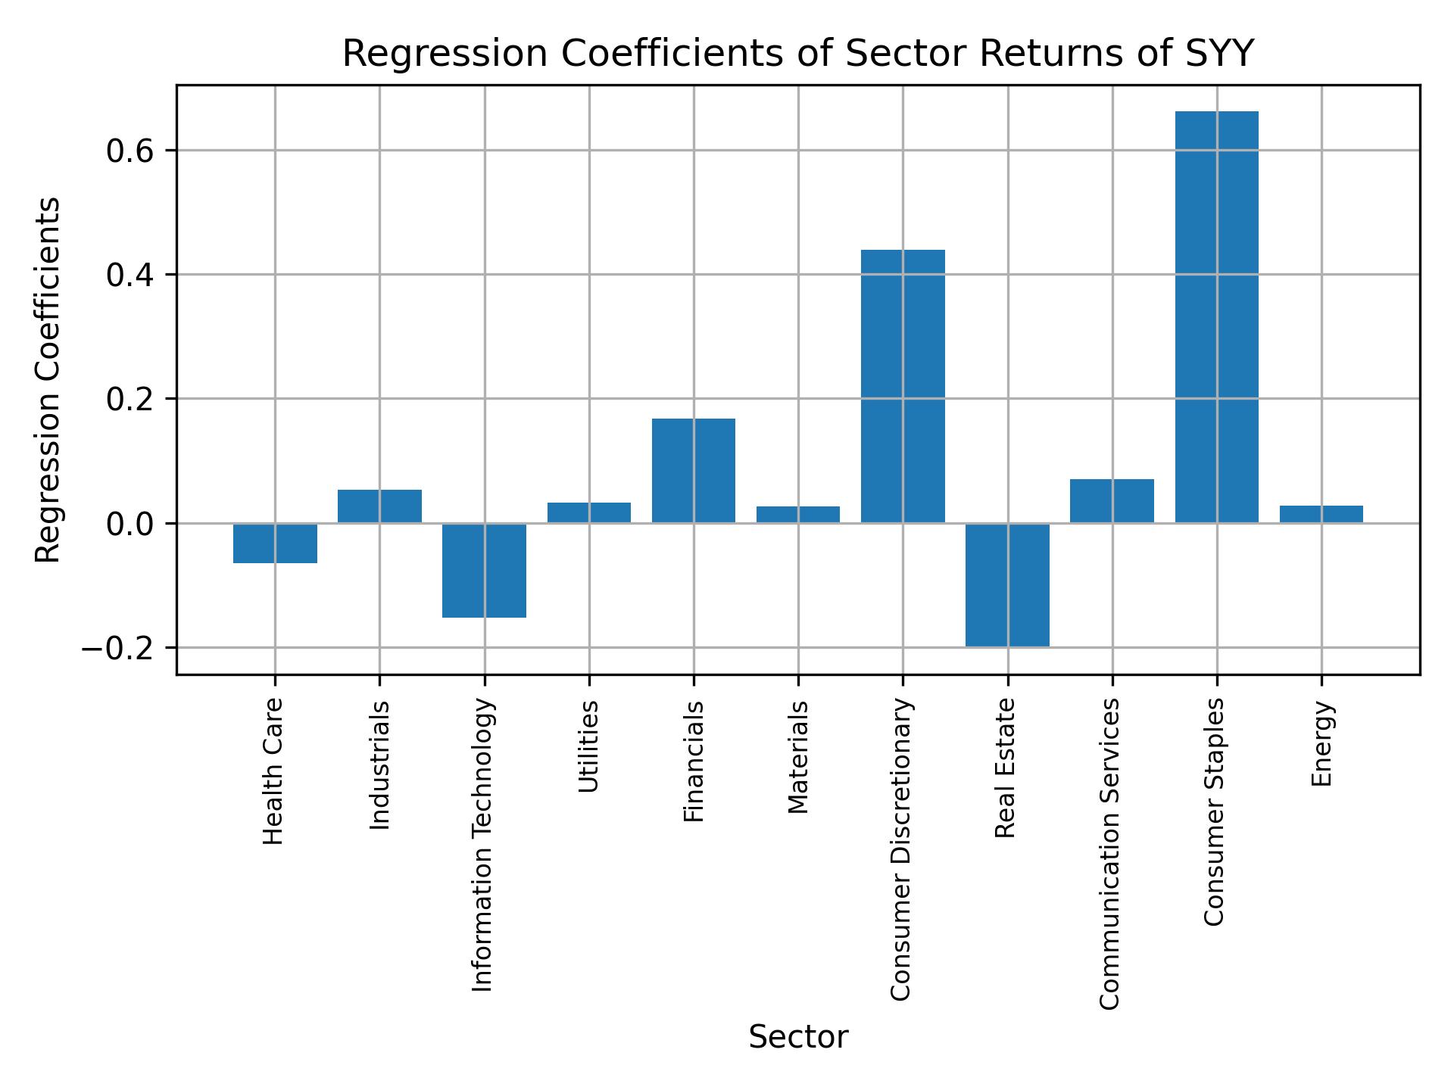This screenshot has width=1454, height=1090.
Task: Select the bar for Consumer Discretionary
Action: click(x=903, y=386)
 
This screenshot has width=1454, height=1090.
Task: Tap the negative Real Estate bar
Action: click(x=1007, y=584)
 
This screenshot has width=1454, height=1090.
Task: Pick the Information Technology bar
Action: click(x=484, y=570)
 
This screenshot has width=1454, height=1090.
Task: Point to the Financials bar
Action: click(x=693, y=470)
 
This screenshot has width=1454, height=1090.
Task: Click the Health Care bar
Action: click(x=275, y=543)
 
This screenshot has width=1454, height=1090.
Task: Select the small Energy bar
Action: click(x=1321, y=514)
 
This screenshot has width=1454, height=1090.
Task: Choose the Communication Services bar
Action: click(x=1112, y=500)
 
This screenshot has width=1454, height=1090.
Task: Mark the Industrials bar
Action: click(x=379, y=506)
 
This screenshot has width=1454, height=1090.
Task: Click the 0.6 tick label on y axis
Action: click(x=130, y=151)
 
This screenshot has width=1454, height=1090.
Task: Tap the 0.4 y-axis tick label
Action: click(x=130, y=276)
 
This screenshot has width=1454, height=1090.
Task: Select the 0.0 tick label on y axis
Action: click(x=130, y=525)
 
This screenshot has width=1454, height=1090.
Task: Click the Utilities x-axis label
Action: click(x=588, y=746)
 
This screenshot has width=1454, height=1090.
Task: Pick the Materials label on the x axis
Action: click(x=797, y=757)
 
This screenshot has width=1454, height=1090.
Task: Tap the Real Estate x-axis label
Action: click(x=1005, y=768)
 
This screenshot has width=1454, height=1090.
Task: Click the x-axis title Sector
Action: click(x=797, y=1037)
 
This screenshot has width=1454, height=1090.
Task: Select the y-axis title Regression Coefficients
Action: click(x=48, y=380)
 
